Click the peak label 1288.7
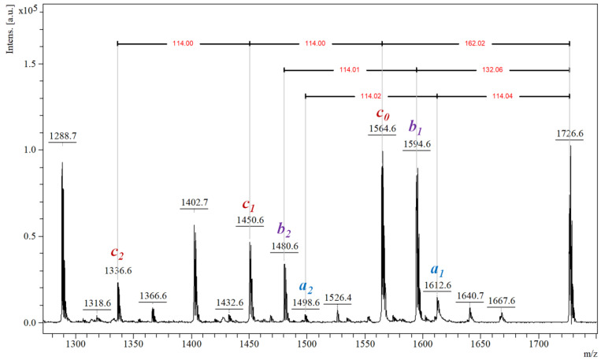coord(62,135)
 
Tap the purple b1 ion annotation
coord(416,127)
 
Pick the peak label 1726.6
coord(569,135)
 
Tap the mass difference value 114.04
coord(502,96)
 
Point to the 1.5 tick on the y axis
coord(34,64)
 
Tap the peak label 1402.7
coord(194,202)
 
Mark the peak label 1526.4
coord(338,298)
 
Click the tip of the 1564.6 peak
coord(382,151)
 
